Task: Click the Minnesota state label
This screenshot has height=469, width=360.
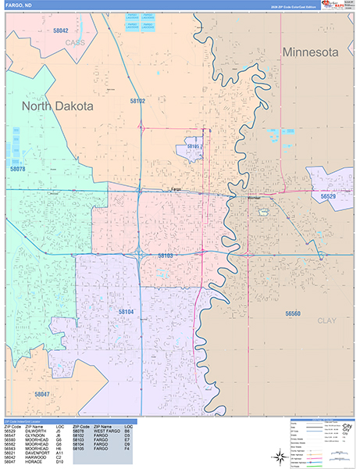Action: pos(311,52)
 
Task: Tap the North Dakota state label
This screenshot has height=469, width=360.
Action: pos(57,106)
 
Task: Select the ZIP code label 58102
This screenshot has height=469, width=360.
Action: pos(137,101)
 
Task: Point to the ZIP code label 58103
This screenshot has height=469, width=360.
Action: pos(166,256)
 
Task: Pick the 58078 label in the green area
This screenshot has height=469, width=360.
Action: pos(18,169)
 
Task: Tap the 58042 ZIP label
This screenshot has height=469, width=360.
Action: pos(61,30)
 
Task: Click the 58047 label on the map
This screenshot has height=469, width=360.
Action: pos(41,394)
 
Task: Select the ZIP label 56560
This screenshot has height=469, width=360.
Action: pos(293,313)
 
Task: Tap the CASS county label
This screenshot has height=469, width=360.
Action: pos(75,42)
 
